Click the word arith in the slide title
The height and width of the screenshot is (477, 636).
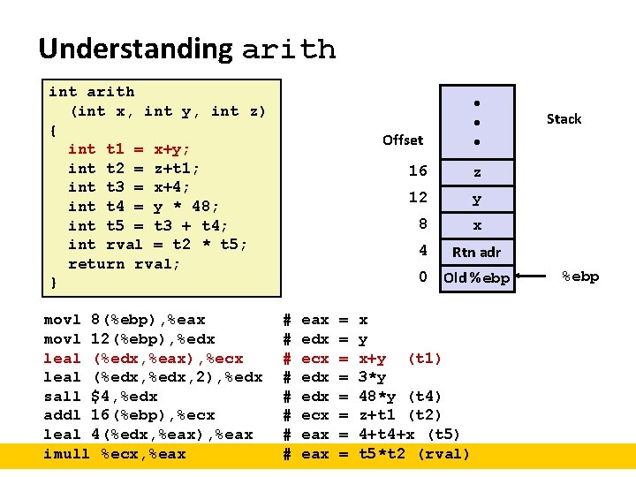(289, 49)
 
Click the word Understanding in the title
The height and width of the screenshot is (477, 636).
(135, 49)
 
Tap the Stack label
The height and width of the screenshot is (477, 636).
(564, 118)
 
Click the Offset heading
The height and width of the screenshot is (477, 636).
(403, 140)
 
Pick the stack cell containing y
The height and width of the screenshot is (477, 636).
(477, 200)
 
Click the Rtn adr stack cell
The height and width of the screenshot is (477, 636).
(476, 252)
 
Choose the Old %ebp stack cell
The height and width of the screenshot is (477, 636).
(476, 278)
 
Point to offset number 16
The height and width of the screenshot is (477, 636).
(418, 171)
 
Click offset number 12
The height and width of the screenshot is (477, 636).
(418, 197)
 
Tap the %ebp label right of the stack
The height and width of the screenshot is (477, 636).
(580, 276)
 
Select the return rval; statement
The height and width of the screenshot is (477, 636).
(124, 263)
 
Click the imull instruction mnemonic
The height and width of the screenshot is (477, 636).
(67, 454)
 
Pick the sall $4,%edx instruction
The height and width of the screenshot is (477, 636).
(106, 397)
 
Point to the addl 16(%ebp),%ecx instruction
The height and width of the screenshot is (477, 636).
(129, 415)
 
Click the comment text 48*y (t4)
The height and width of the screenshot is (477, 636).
(400, 397)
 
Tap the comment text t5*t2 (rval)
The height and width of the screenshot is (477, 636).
(414, 454)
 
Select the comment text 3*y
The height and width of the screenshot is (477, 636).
(373, 377)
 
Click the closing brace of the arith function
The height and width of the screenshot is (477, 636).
(53, 283)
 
